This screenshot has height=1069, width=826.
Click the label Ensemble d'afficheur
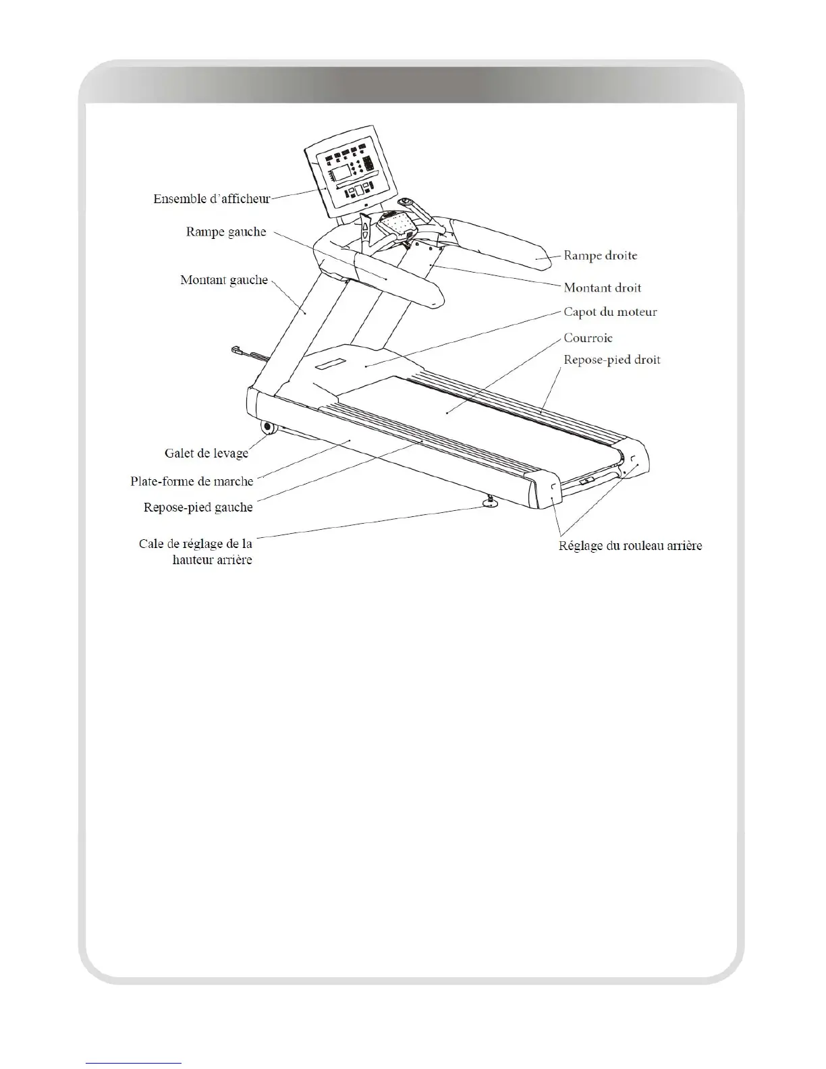coord(211,199)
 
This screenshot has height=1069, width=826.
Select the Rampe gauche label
coord(226,232)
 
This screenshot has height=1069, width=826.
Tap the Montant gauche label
coord(224,280)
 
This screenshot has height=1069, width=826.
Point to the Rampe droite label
coord(600,256)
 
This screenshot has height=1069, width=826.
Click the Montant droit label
coord(602,287)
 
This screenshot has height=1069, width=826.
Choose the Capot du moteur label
coord(610,312)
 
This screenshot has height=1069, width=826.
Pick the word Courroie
coord(588,338)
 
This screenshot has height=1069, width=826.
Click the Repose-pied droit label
coord(611,360)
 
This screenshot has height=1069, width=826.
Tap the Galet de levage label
coord(206,454)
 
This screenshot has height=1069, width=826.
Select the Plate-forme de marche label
coord(192,482)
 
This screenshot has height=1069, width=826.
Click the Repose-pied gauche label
coord(198,508)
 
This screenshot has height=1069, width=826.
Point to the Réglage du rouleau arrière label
coord(630,546)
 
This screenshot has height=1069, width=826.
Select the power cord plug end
coord(236,350)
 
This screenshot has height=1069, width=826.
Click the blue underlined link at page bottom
coord(134,1062)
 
